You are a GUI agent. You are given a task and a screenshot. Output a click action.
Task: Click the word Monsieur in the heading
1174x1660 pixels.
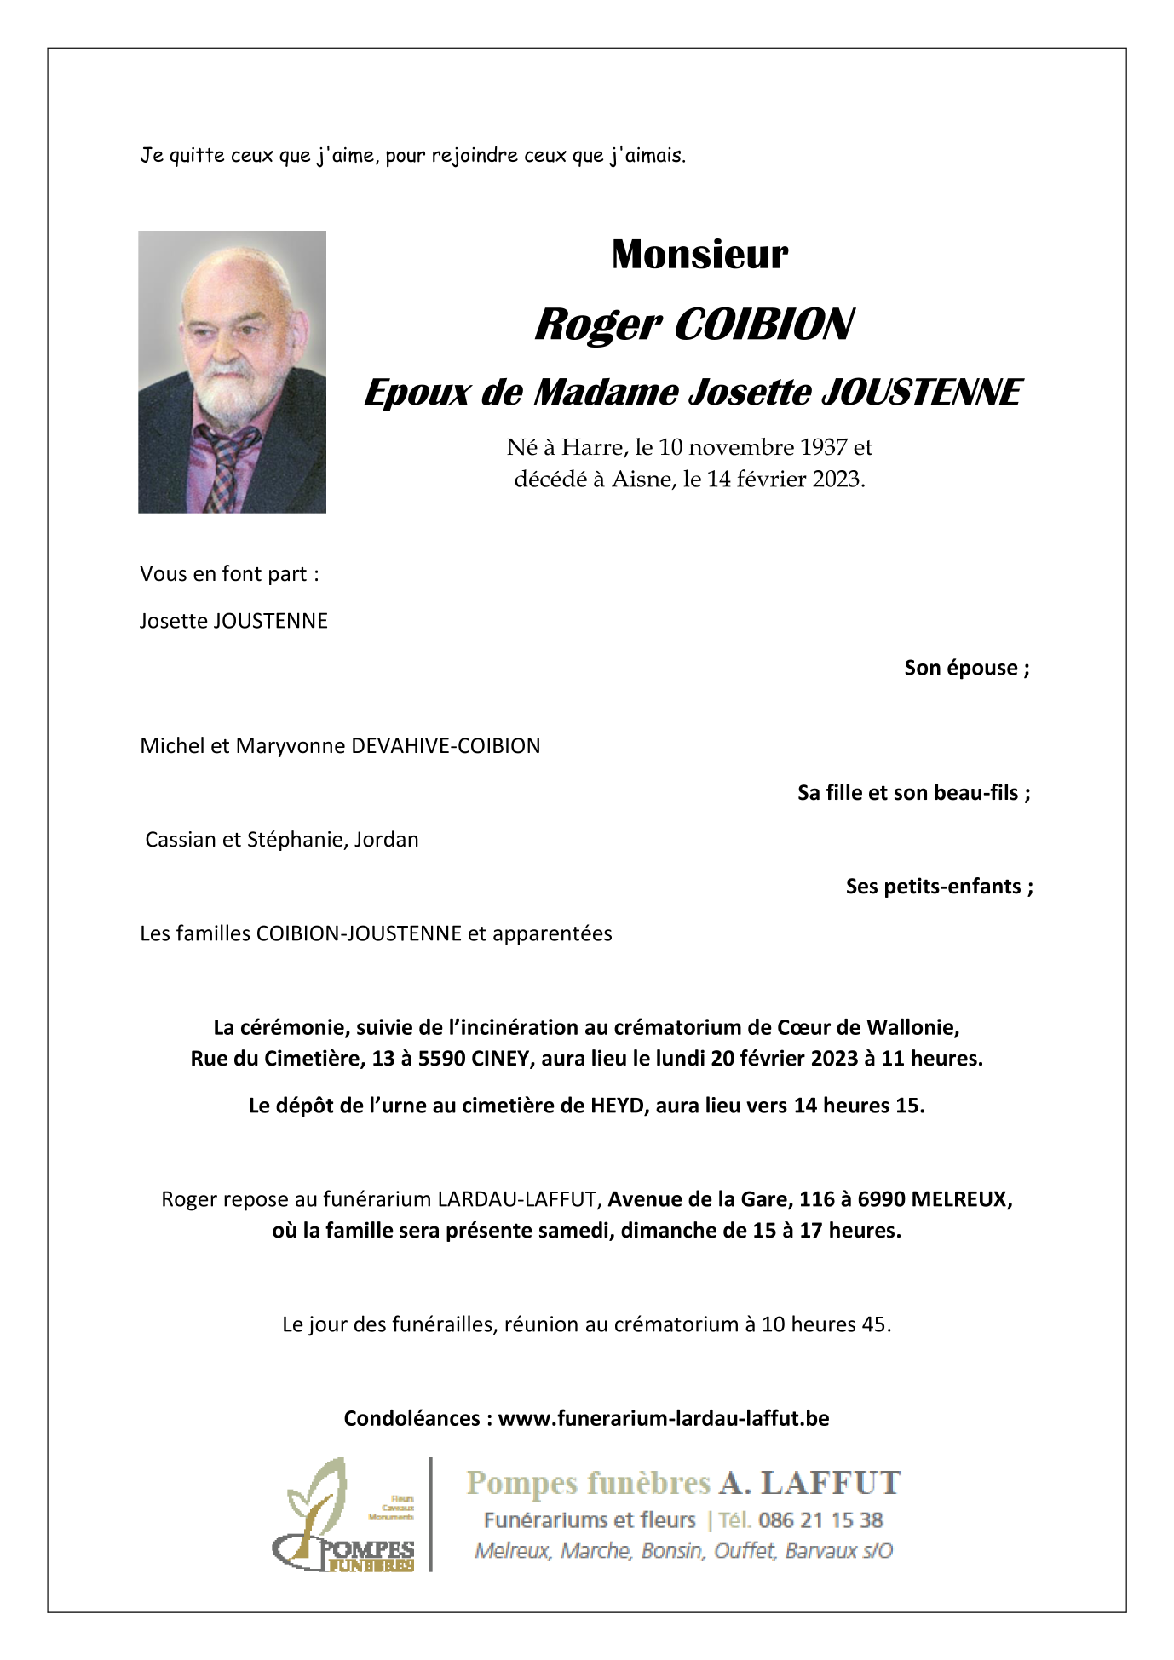pyautogui.click(x=699, y=255)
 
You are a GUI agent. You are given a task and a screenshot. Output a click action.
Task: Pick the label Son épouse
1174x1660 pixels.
pyautogui.click(x=966, y=668)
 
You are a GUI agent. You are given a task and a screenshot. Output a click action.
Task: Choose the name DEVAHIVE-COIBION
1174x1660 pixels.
pyautogui.click(x=446, y=746)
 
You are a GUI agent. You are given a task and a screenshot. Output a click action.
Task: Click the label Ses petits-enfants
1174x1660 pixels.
pyautogui.click(x=938, y=887)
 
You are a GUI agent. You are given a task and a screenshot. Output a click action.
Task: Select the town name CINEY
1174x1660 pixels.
pyautogui.click(x=501, y=1059)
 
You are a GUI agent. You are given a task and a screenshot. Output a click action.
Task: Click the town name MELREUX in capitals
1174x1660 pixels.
pyautogui.click(x=961, y=1199)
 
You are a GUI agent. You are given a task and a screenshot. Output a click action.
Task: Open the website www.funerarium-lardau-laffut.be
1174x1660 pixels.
pyautogui.click(x=663, y=1418)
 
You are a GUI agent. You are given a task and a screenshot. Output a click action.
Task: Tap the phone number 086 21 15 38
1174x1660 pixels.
pyautogui.click(x=820, y=1520)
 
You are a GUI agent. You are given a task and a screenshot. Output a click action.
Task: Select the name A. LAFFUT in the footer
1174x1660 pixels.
pyautogui.click(x=809, y=1484)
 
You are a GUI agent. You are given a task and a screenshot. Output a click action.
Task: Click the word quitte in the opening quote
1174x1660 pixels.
pyautogui.click(x=197, y=156)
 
